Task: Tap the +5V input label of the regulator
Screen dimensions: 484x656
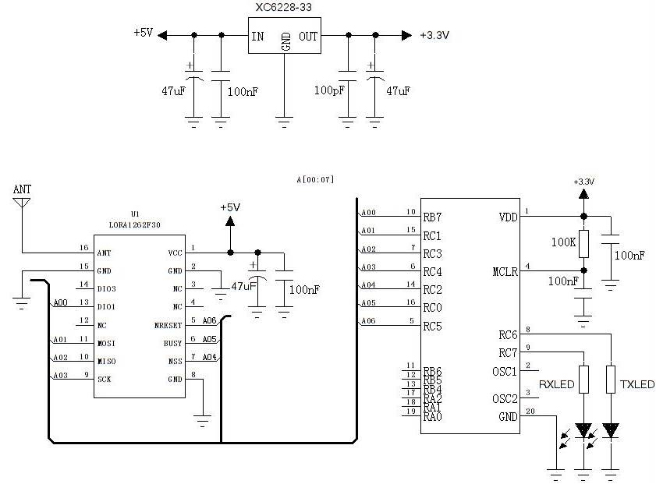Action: click(x=144, y=34)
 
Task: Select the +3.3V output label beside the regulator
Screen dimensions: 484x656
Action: click(x=434, y=35)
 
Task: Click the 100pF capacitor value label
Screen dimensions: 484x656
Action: click(x=328, y=91)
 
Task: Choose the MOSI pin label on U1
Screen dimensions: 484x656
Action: click(x=107, y=342)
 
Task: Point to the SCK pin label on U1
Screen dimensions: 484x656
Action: click(x=104, y=379)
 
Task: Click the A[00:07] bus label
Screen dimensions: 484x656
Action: click(x=315, y=179)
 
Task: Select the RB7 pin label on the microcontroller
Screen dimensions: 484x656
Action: click(x=432, y=217)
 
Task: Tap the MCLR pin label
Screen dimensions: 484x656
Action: click(x=504, y=272)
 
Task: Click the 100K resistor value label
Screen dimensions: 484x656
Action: click(x=562, y=242)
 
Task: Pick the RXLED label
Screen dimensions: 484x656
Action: click(x=556, y=385)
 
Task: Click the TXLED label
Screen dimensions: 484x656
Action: click(x=636, y=385)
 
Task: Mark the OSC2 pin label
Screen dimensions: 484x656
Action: click(x=505, y=399)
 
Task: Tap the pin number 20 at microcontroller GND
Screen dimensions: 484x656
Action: click(x=531, y=412)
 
